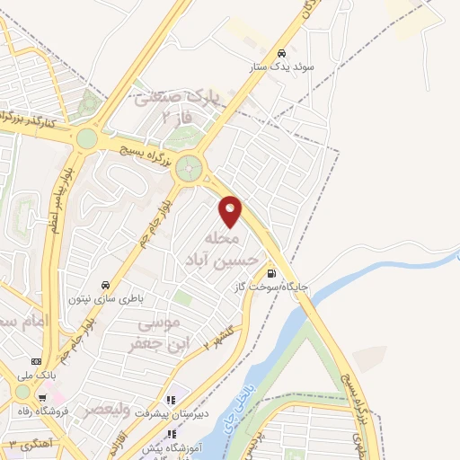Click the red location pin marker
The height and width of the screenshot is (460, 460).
tap(232, 210)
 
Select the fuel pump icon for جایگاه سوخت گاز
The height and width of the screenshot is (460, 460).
tap(270, 274)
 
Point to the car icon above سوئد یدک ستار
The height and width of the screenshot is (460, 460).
tap(282, 53)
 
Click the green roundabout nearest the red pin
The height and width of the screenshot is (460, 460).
tap(189, 168)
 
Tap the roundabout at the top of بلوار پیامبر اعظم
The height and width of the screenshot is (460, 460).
tap(87, 138)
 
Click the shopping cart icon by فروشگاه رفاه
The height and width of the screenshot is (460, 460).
tap(42, 397)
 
